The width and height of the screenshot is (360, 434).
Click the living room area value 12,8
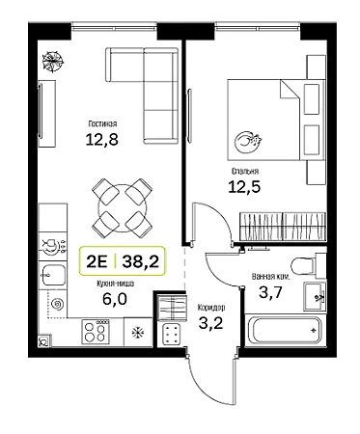pos(101,140)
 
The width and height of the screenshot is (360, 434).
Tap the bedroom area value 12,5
pos(244,187)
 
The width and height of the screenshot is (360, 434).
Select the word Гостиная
pos(102,123)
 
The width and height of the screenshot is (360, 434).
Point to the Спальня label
pos(245,171)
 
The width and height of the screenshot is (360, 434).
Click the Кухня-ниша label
pos(115,284)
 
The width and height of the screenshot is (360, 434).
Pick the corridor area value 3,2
pos(210,323)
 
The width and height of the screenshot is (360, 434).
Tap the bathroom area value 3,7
pos(270,292)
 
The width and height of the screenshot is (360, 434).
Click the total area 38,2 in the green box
pos(141,261)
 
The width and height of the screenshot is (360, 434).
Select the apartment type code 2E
pos(97,261)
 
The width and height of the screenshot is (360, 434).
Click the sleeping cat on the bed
pos(248,142)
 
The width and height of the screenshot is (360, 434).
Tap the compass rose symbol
pos(53,61)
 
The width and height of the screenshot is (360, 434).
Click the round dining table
pos(123,208)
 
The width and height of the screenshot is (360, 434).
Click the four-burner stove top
pos(96,332)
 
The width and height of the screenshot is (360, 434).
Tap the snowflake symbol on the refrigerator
pos(138,333)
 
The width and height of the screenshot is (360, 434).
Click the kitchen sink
pos(53,275)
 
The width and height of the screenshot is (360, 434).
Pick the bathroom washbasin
pos(315,296)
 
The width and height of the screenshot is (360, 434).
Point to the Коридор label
pos(211,308)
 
